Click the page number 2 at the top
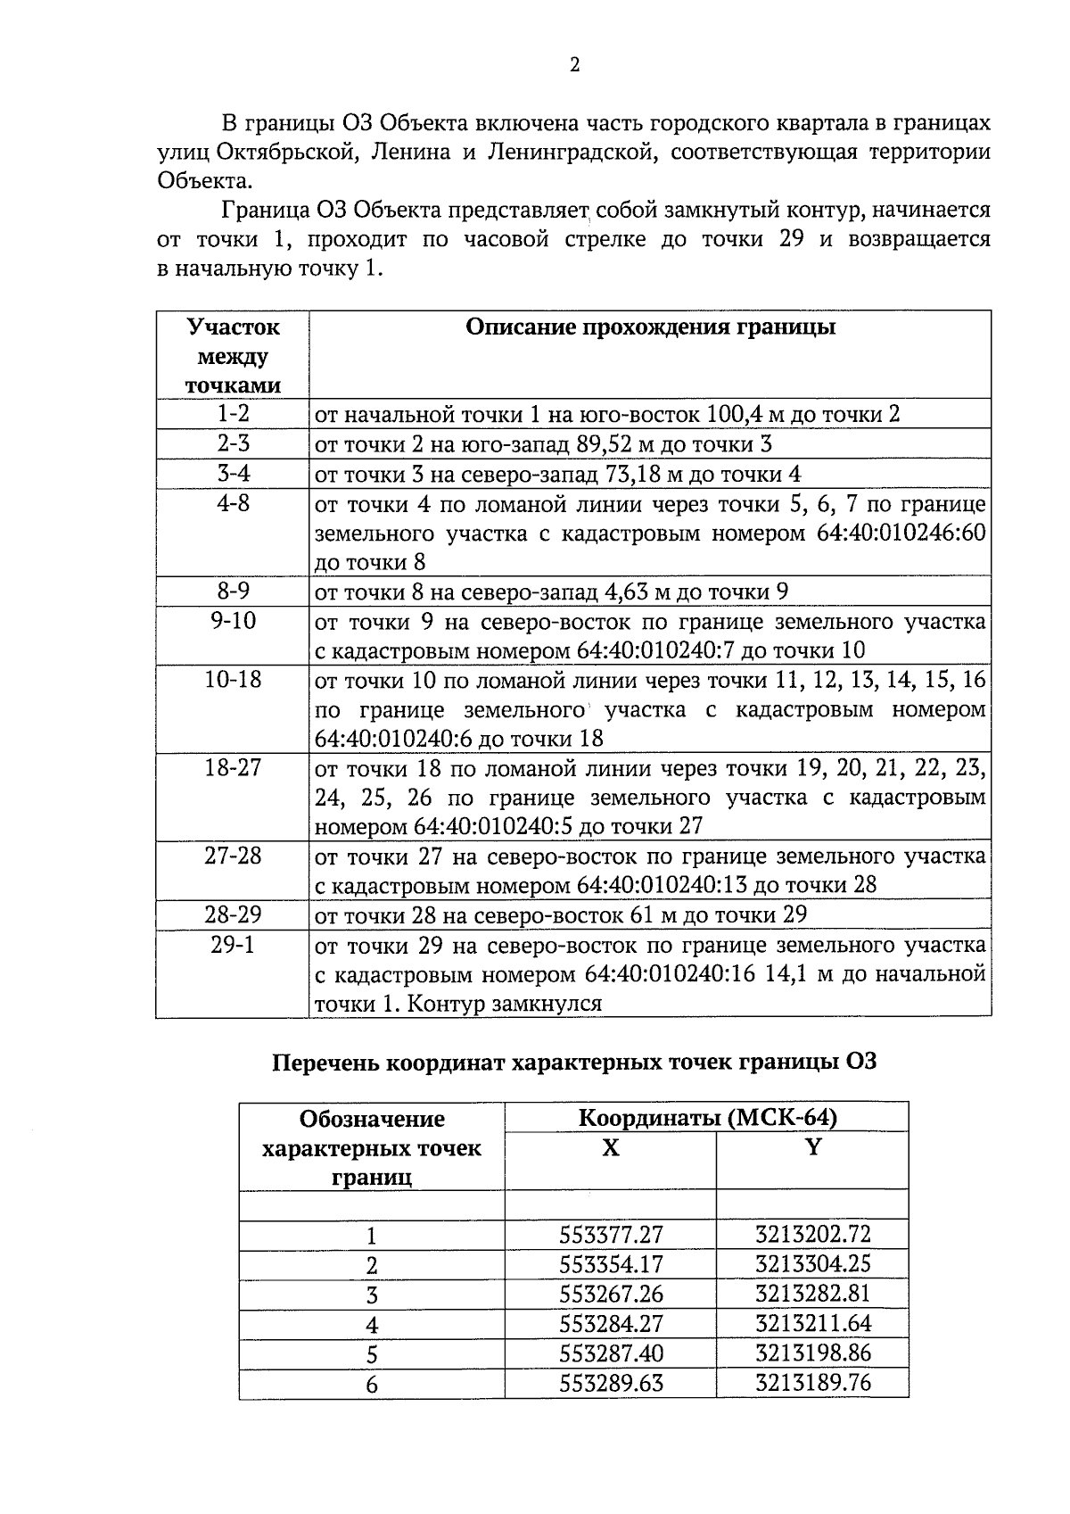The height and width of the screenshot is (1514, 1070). tap(574, 64)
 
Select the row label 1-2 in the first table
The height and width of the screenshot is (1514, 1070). tap(233, 414)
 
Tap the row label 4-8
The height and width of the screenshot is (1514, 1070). tap(233, 503)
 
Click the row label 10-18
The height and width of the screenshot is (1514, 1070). tap(233, 679)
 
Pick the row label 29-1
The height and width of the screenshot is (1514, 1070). tap(233, 945)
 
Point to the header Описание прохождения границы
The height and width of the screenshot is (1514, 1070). tap(650, 327)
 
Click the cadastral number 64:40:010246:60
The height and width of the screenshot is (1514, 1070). tap(901, 534)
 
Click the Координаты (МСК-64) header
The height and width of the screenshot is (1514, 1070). tap(707, 1118)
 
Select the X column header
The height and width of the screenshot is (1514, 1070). tap(610, 1148)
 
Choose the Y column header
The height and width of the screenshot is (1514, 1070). tap(812, 1148)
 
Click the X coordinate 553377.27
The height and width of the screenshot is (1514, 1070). tap(611, 1235)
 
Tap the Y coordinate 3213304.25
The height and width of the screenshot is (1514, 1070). tap(812, 1264)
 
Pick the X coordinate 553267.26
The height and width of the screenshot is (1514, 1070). tap(611, 1295)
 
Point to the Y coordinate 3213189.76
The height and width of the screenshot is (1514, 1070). tap(812, 1383)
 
